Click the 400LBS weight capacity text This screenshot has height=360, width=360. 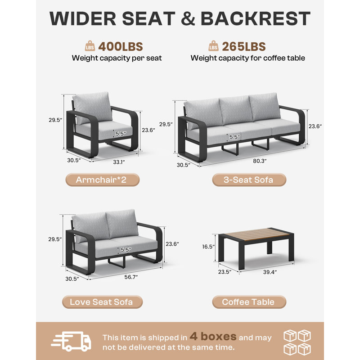pos(121,47)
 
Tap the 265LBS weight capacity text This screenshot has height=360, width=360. pos(244,47)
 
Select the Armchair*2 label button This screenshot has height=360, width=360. pos(103,180)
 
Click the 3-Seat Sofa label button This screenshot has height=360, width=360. pos(249,180)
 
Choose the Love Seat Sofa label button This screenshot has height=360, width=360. pos(103,302)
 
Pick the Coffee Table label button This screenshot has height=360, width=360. pos(249,302)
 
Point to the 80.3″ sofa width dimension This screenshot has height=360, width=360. pos(260,161)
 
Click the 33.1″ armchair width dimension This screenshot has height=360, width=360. pos(119,162)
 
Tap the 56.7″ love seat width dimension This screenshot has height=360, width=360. pos(131,277)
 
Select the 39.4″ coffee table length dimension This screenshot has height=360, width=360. pos(270,272)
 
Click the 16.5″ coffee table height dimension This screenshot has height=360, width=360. pos(208,247)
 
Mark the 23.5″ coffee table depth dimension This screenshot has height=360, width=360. pos(225,272)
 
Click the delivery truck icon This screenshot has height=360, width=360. pos(71,341)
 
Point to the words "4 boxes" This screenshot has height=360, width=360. pos(213,337)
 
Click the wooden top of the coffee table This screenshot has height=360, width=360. pos(256,234)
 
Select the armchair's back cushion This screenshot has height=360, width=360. pos(93,108)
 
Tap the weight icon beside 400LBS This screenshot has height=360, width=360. pos(90,46)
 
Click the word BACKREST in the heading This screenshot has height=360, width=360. pos(256,18)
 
